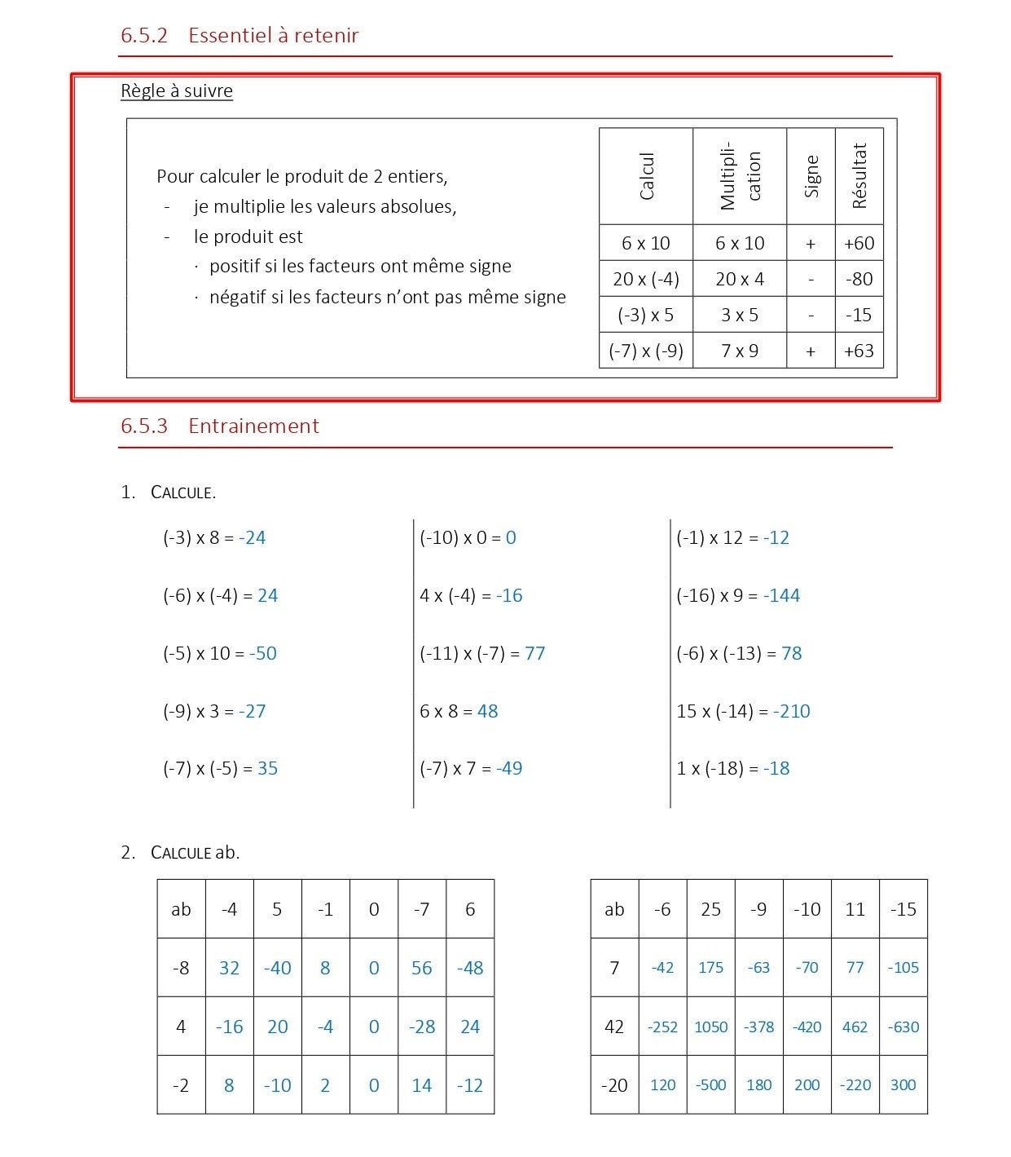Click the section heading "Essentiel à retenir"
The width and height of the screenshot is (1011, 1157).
(x=273, y=35)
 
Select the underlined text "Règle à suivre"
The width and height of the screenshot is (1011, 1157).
(x=176, y=91)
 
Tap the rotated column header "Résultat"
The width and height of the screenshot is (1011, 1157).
(x=859, y=176)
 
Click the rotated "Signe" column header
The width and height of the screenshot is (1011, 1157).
(x=811, y=176)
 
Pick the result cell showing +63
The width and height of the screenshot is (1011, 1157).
(x=859, y=351)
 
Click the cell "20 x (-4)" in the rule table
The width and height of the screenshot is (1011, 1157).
(x=645, y=279)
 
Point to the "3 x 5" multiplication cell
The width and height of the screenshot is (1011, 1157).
(x=739, y=315)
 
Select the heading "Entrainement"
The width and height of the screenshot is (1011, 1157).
(x=253, y=426)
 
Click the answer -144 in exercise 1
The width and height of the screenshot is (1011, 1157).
(x=781, y=595)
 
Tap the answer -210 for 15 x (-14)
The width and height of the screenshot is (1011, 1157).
(x=791, y=711)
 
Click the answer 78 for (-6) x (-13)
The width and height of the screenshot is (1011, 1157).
(x=791, y=653)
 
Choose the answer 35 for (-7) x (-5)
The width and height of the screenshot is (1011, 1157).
(x=267, y=768)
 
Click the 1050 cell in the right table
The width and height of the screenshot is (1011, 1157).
(x=710, y=1027)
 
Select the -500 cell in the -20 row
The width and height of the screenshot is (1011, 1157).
(x=710, y=1085)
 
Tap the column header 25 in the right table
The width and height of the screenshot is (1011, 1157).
(x=710, y=909)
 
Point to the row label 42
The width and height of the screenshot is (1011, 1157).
(x=614, y=1027)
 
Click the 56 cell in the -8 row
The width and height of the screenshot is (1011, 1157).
(x=421, y=968)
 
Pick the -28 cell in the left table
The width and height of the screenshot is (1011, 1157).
(x=421, y=1027)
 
